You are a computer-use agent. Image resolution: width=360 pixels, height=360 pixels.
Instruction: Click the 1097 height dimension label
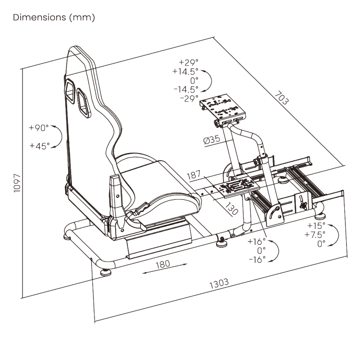coord(17,183)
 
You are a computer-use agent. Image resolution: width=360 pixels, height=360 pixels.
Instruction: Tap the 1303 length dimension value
coord(219,283)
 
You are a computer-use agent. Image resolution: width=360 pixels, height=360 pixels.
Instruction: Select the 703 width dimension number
coord(282,98)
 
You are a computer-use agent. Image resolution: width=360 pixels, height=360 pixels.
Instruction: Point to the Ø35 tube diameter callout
coord(211,139)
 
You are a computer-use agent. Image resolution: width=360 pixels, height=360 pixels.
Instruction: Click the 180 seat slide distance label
coord(163,264)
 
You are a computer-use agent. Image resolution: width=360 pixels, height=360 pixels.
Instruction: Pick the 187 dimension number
coord(194,175)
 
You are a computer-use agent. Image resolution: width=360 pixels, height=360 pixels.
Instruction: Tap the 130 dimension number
coord(231,209)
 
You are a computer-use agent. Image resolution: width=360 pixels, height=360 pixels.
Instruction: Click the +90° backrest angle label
coord(39,128)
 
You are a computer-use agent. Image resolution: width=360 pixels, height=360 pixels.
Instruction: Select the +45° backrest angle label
coord(40,145)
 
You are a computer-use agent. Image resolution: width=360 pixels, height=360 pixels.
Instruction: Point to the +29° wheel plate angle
coord(189,62)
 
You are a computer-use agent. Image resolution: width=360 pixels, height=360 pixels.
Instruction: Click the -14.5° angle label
coord(186,89)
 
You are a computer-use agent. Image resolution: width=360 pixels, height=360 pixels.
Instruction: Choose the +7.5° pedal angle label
coord(315,234)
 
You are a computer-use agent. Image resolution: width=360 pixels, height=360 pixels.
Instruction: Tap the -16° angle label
coord(257,260)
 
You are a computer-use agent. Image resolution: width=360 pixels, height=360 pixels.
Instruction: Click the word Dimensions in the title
coord(40,18)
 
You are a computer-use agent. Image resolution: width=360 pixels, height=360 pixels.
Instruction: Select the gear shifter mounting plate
coord(237,186)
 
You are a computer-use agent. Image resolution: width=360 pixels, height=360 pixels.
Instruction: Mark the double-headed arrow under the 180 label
coord(165,269)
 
